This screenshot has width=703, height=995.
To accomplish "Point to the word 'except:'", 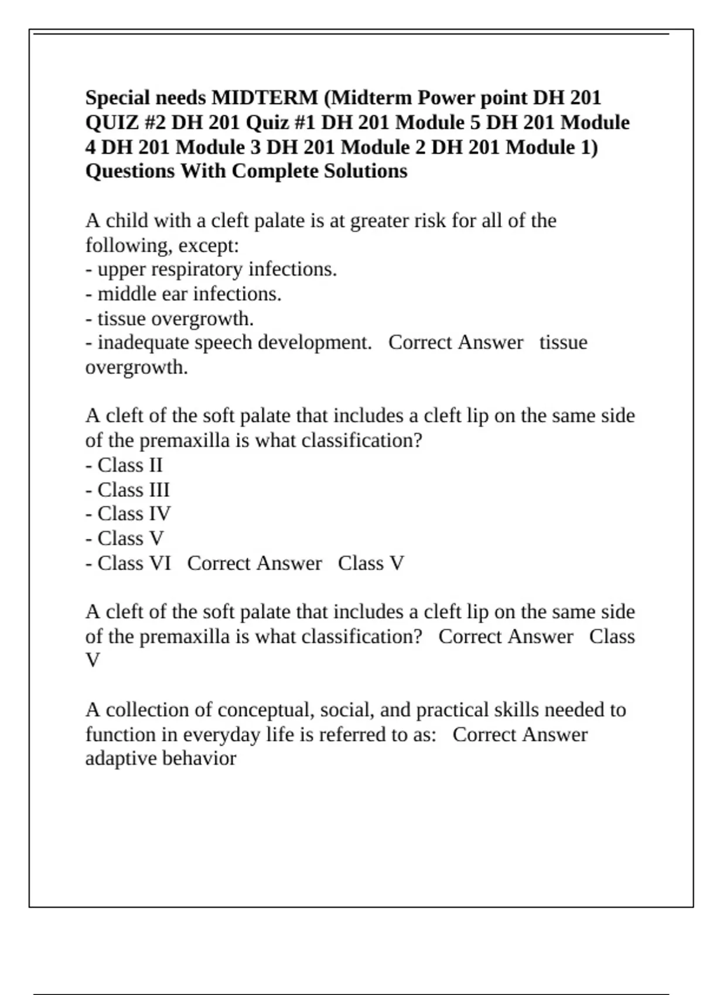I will point(209,245).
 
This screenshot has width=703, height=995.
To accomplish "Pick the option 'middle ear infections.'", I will point(189,294).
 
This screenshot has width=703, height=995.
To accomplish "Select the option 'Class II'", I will point(129,465).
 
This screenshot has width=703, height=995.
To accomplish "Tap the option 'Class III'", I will point(133,489).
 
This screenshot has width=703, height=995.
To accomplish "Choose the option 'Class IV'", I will point(134,513).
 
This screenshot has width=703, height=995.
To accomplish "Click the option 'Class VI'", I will point(134,563).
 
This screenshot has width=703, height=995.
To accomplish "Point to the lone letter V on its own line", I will point(93,661).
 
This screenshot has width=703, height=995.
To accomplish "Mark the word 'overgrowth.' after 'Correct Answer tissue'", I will point(136,368).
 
